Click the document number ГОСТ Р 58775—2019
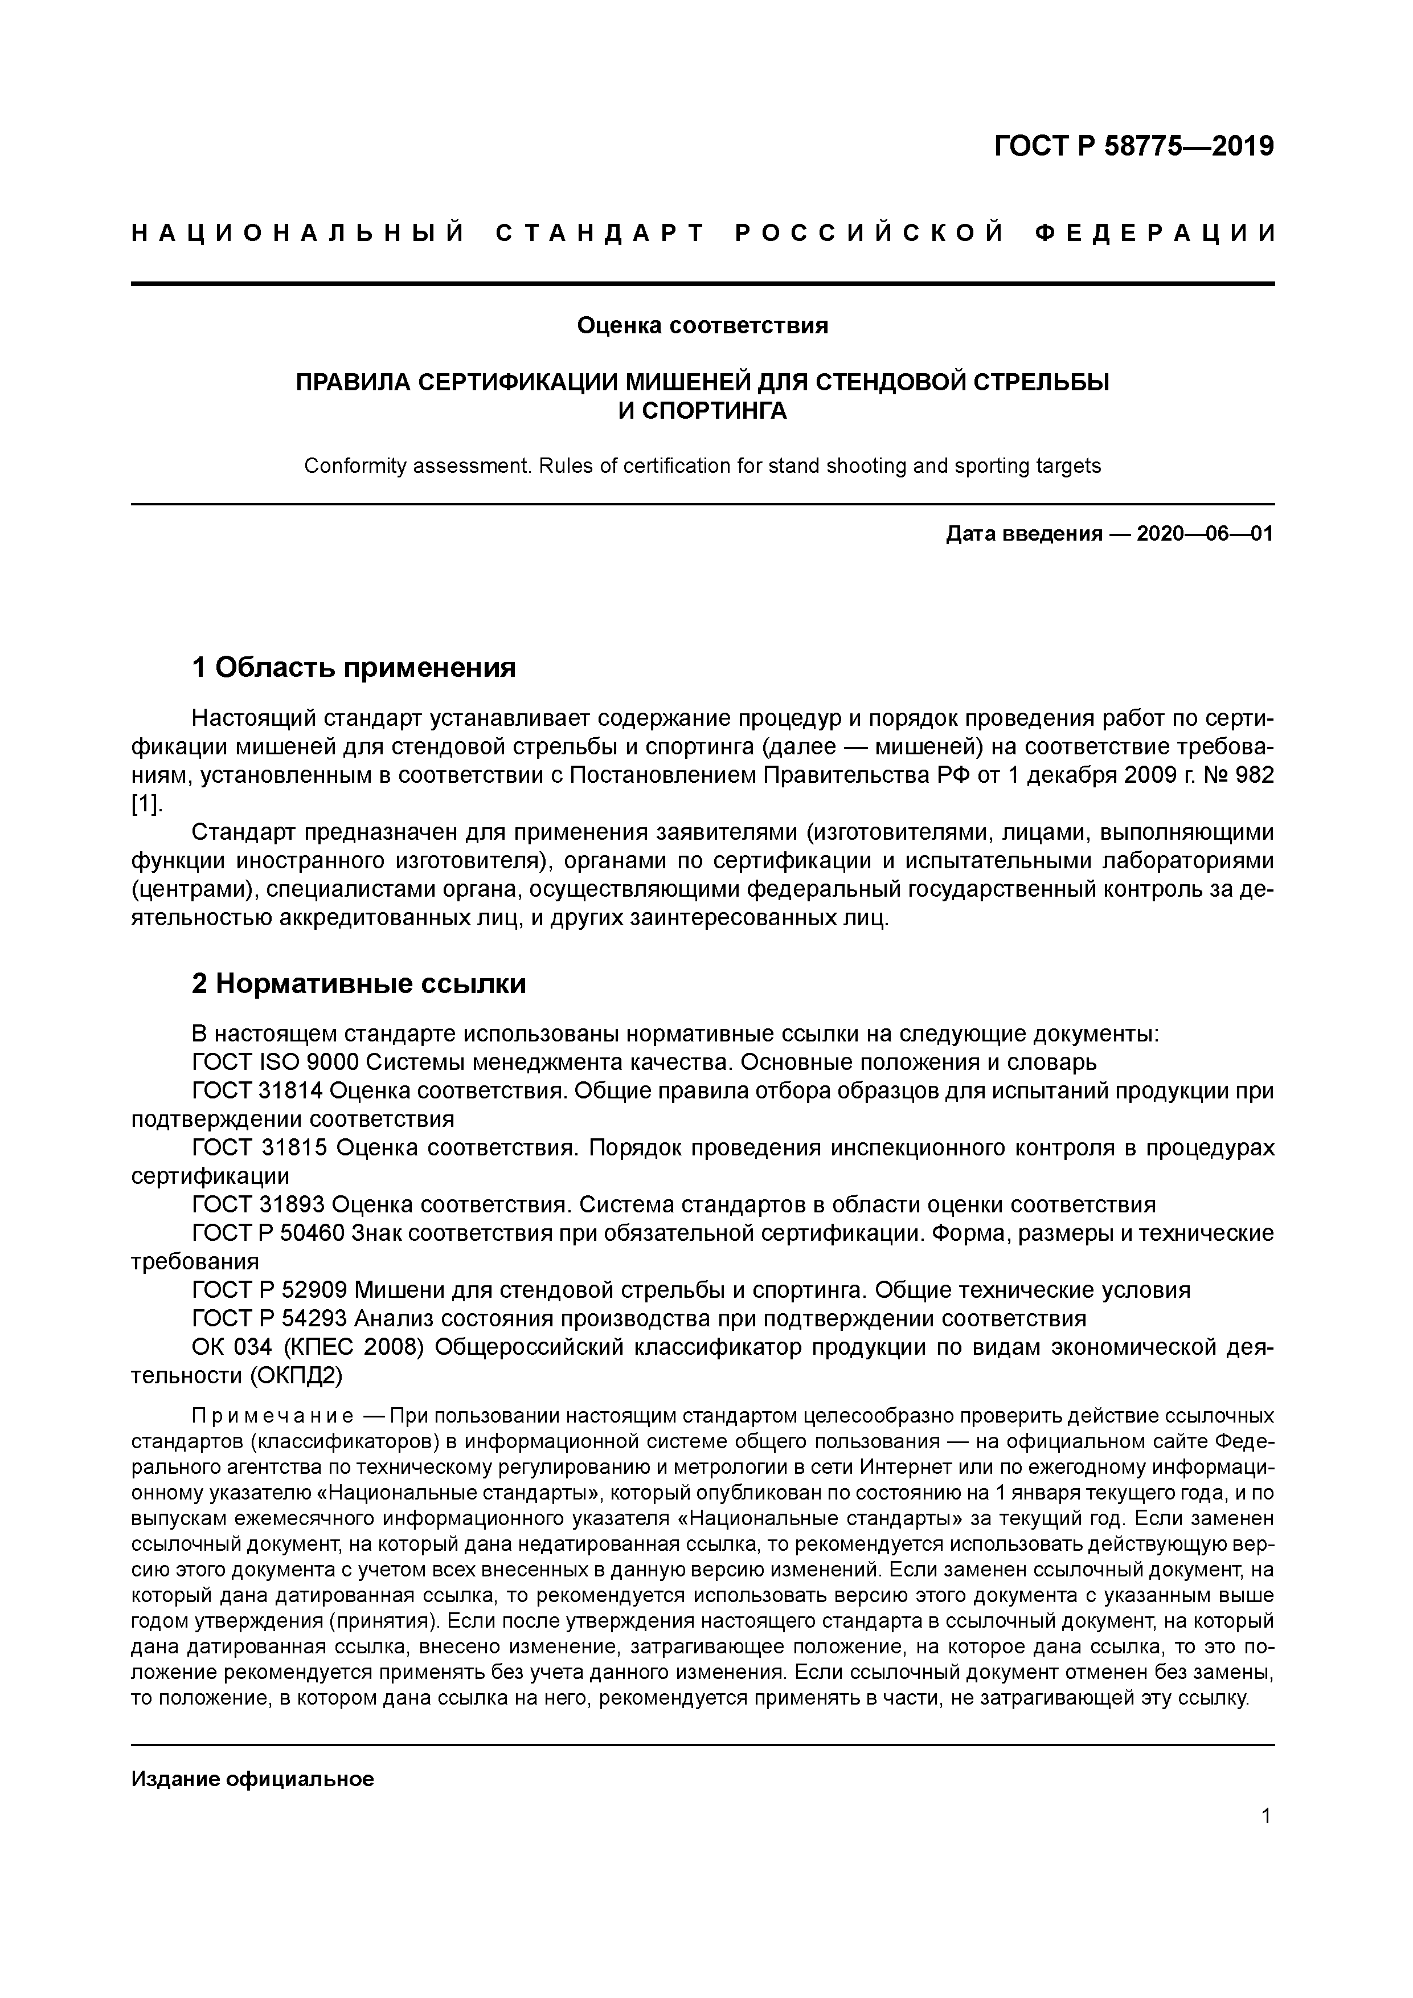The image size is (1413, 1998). [1134, 146]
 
